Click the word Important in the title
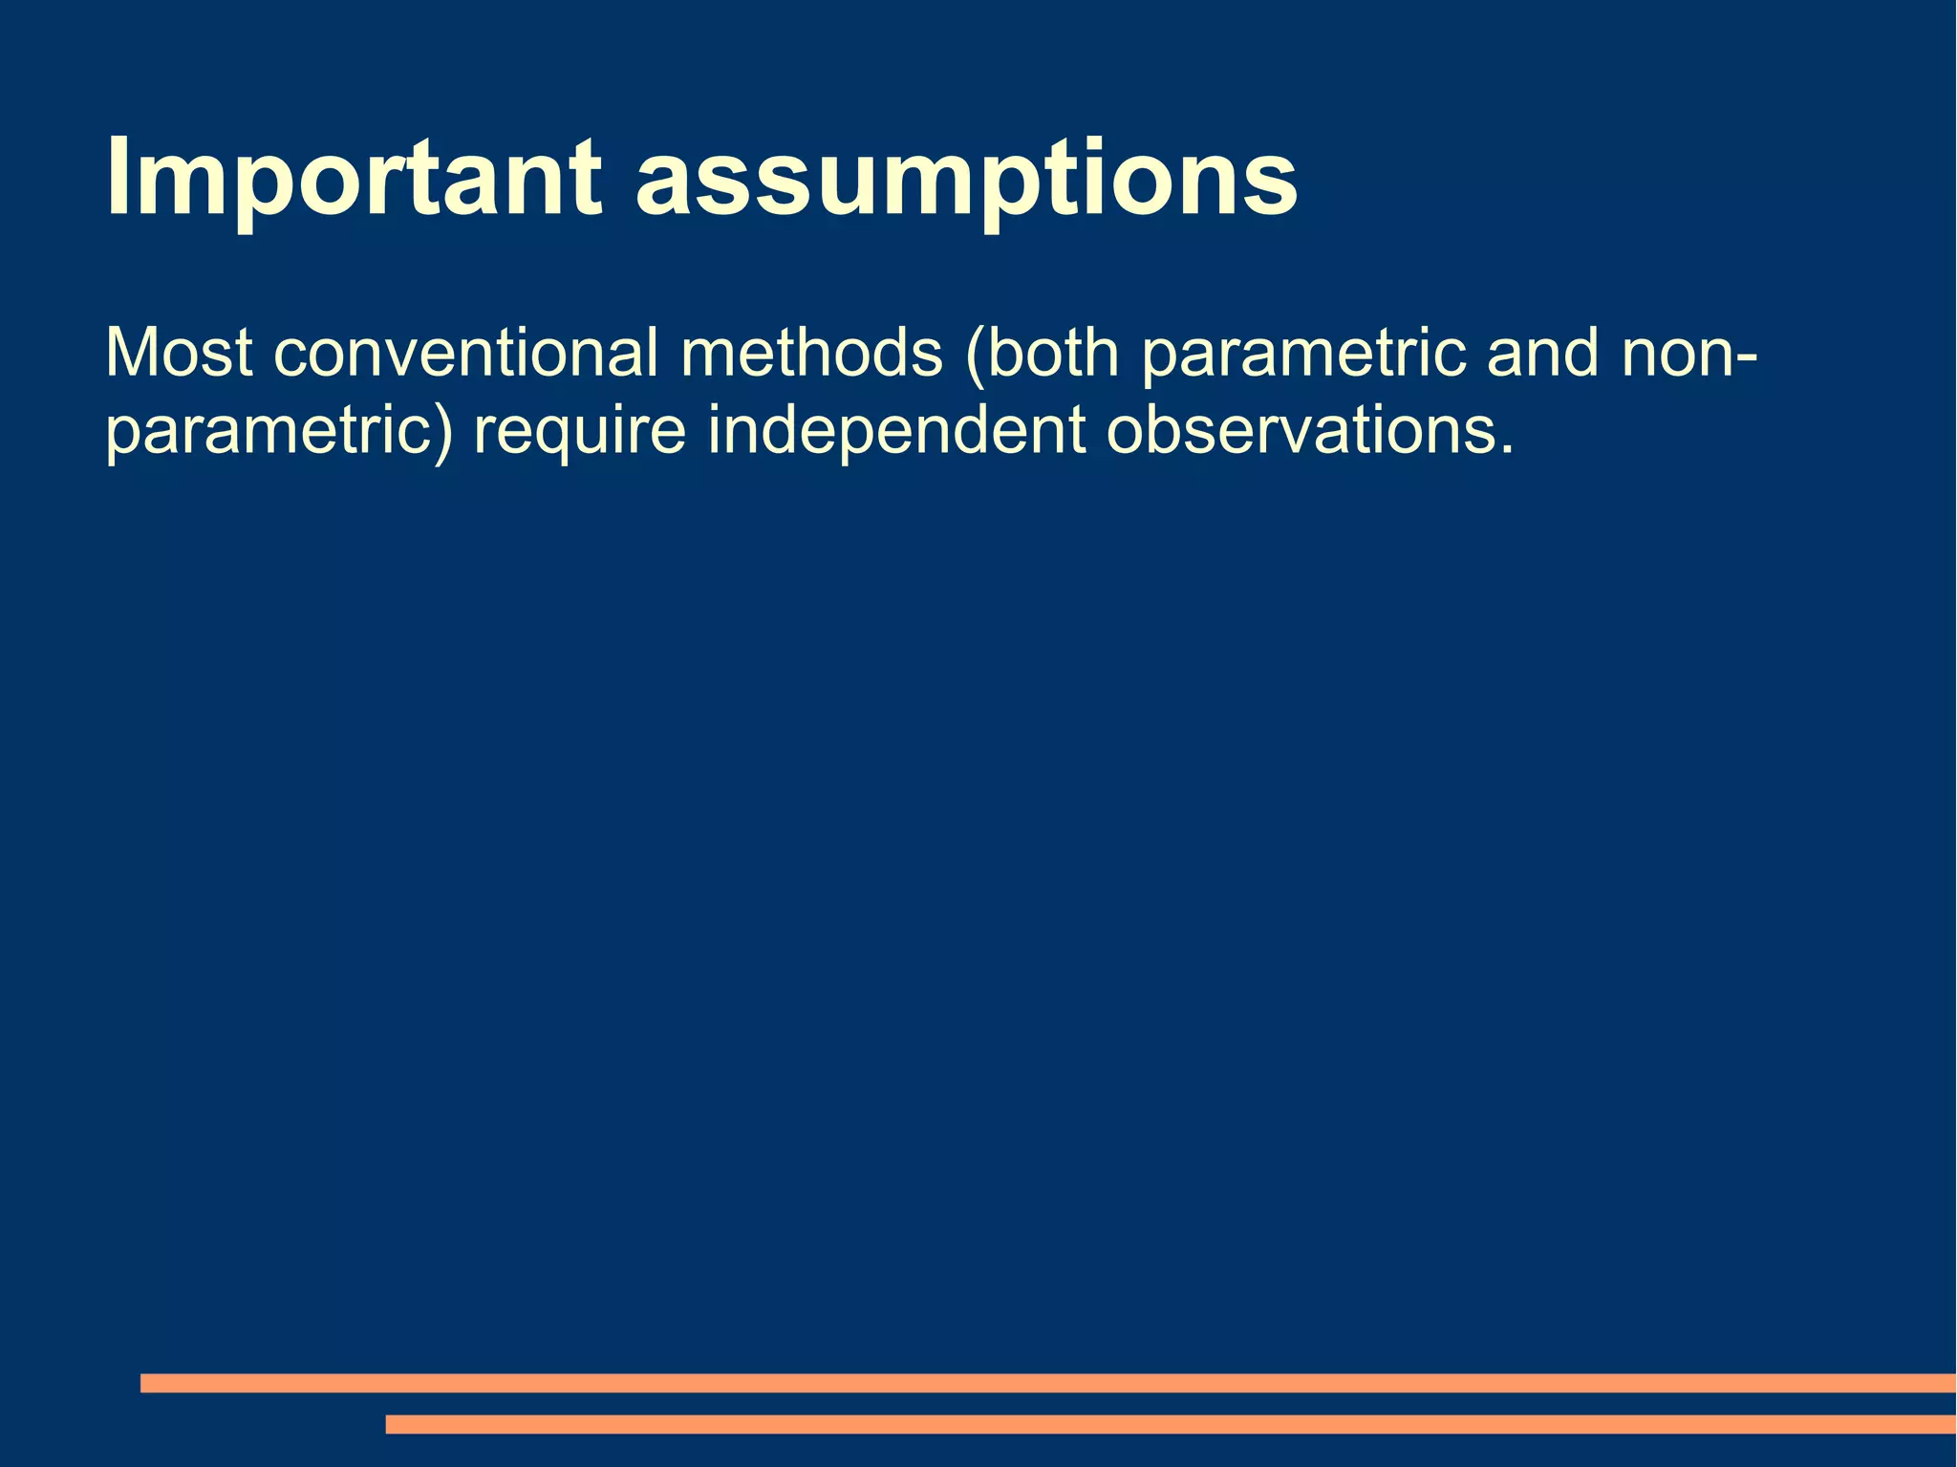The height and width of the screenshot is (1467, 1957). [354, 180]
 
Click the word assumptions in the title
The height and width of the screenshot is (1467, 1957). [966, 180]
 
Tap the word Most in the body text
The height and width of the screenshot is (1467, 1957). [179, 353]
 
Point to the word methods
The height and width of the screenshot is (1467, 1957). [811, 353]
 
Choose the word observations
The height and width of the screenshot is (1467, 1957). [1301, 432]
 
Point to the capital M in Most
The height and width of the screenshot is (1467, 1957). [130, 353]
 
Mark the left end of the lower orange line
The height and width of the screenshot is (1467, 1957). [390, 1424]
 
